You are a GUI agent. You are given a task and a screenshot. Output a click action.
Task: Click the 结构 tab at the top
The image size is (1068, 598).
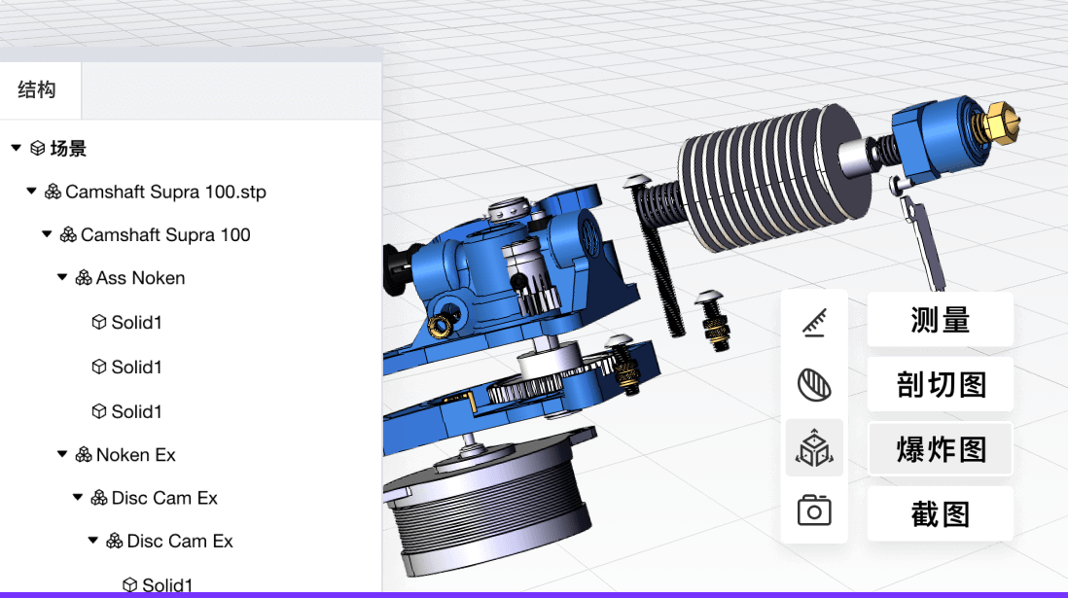[38, 90]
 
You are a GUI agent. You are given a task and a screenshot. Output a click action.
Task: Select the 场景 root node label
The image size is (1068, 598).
[68, 149]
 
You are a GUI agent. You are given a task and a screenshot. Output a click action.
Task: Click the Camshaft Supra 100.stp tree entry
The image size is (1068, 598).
[165, 192]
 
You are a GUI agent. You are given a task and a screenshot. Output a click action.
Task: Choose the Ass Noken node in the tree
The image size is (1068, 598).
[140, 278]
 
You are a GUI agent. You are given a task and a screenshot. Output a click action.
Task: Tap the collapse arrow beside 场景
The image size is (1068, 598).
[16, 149]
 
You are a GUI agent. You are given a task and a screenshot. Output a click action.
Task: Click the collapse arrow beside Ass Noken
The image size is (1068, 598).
[62, 278]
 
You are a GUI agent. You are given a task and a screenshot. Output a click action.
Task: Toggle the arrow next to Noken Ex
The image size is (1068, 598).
[62, 455]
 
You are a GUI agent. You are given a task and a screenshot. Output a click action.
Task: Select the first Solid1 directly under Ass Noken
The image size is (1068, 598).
[136, 323]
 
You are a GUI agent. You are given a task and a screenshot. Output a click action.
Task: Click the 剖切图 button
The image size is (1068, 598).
[940, 385]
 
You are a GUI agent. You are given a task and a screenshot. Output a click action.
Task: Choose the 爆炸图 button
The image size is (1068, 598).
[940, 449]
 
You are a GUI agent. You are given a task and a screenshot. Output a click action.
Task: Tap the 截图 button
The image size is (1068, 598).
[940, 514]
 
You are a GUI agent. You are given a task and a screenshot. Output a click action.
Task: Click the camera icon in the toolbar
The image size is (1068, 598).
[814, 510]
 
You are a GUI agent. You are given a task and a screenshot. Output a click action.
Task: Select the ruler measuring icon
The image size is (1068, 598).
[814, 322]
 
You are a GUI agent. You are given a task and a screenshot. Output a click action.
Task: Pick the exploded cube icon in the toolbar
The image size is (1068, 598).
[814, 448]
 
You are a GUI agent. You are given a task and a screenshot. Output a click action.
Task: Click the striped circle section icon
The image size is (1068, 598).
[814, 385]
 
